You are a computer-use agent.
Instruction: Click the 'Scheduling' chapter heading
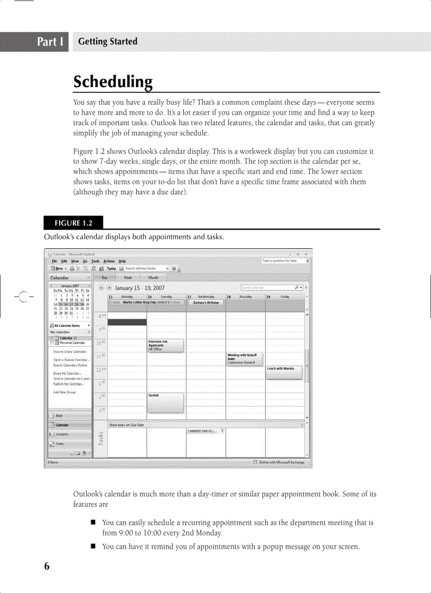point(113,82)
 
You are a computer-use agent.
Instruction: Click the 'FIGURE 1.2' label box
point(73,223)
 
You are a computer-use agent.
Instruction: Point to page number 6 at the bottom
point(46,566)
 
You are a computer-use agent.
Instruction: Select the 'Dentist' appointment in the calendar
point(165,402)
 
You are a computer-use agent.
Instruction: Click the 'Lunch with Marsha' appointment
point(284,372)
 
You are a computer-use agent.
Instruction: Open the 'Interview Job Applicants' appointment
point(165,345)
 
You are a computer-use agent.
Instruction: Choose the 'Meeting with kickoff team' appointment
point(245,359)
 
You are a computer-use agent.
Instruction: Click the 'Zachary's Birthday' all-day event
point(205,303)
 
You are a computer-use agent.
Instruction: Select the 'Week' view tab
point(128,277)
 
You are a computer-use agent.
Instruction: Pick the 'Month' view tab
point(153,277)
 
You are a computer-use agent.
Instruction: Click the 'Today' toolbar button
point(110,268)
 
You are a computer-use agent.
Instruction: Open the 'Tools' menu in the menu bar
point(95,261)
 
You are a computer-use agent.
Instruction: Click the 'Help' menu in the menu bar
point(122,261)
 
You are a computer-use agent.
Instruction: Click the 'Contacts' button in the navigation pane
point(62,434)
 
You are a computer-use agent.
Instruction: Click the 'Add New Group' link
point(64,392)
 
